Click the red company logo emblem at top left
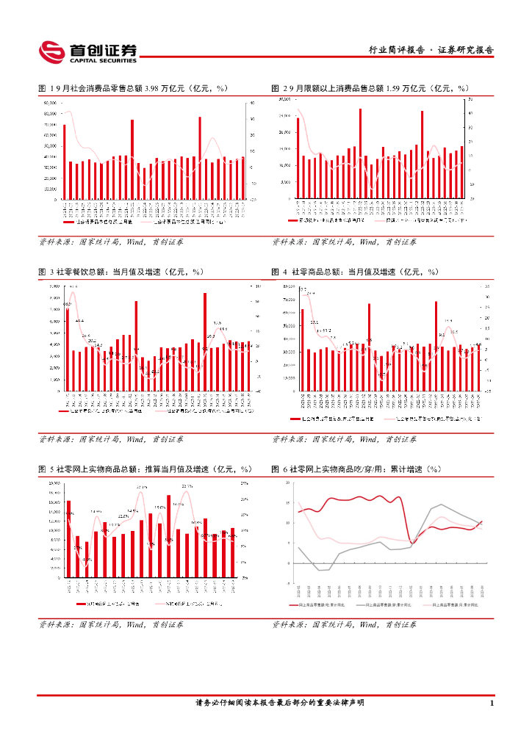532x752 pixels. (x=51, y=51)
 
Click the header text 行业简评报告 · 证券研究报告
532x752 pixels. (x=431, y=51)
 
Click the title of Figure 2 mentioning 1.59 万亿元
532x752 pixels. (x=370, y=88)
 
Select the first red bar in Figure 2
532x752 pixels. (x=298, y=158)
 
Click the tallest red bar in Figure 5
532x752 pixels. (x=168, y=535)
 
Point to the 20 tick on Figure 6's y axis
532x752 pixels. (x=288, y=482)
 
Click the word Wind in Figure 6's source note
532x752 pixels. (x=366, y=624)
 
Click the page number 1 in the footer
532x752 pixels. (x=490, y=703)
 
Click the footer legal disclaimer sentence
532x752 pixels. (x=280, y=703)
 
